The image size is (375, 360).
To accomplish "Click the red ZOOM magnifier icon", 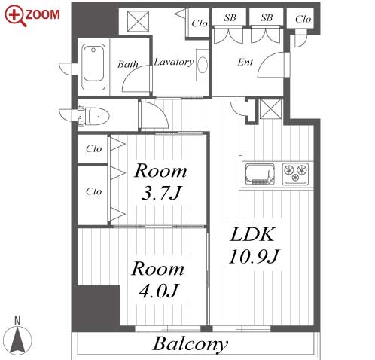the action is coord(15,16).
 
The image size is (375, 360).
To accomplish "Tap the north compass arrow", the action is coord(17,340).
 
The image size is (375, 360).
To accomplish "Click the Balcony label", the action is coord(191,344).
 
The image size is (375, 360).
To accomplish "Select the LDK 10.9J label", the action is coord(254,246).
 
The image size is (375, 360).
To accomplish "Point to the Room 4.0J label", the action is coord(158,279).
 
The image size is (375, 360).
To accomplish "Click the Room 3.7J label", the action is coord(160,182).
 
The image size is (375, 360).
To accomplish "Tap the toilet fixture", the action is coord(94,116).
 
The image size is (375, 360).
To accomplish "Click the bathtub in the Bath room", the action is coord(93,67).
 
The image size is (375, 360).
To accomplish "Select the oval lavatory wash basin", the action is coord(203,65).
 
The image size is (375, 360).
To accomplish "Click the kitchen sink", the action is coord(260,174).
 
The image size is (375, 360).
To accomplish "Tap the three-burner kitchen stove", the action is coord(295,174).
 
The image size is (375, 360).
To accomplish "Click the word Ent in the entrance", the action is coord(245,62).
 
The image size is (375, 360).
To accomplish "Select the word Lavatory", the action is coord(174,62).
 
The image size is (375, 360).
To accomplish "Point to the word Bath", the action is coord(128,64).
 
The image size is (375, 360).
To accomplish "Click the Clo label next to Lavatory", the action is coord(200,23).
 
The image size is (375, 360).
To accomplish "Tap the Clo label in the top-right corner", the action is coord(303,19).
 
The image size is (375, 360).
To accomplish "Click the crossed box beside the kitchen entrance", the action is coord(270,109).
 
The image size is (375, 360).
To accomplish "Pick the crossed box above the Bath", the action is coord(138,21).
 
